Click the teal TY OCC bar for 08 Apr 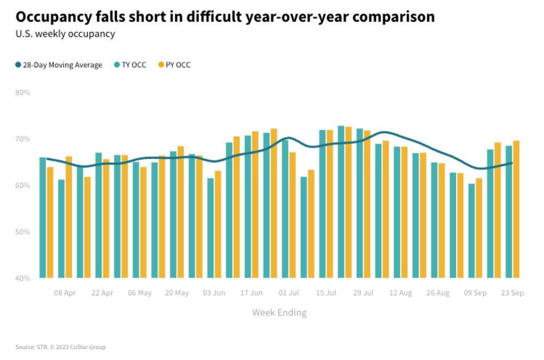pos(62,228)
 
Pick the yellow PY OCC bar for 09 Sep pos(479,228)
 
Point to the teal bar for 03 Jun pos(210,228)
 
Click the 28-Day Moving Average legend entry pos(59,65)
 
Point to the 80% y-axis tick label pos(22,92)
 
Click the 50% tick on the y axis pos(22,232)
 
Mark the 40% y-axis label pos(22,278)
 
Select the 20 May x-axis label pos(177,293)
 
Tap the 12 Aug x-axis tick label pos(401,293)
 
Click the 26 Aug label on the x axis pos(438,293)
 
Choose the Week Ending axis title pos(279,312)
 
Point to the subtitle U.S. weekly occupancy pos(65,34)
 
